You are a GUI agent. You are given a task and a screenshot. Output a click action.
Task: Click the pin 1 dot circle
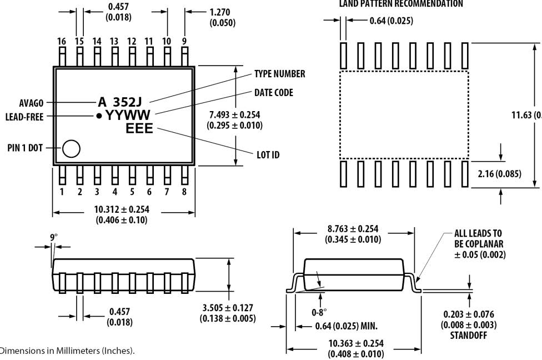point(71,148)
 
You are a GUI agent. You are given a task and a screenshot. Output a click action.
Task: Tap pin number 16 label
point(62,41)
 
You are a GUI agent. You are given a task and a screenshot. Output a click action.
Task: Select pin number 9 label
point(184,41)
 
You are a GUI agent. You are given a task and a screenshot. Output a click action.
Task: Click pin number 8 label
point(184,192)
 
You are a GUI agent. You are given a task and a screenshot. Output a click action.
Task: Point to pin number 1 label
point(62,192)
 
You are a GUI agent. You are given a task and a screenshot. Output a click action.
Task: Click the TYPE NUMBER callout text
point(279,74)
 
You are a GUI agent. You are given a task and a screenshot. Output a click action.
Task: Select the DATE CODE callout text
point(273,92)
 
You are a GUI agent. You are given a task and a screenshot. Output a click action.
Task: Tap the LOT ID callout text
point(268,154)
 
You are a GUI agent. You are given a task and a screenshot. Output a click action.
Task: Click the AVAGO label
point(31,103)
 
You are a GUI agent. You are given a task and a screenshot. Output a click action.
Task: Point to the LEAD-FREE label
point(24,117)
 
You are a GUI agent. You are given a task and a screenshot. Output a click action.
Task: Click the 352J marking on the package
point(127,102)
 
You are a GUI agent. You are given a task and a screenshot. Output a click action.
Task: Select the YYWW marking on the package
point(128,116)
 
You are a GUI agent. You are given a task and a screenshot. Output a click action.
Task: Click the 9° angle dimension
point(53,237)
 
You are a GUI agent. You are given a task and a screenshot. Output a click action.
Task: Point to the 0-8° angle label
point(319,312)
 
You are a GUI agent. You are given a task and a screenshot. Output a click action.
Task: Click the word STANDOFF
point(469,336)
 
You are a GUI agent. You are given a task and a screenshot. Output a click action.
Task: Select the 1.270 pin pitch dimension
point(220,12)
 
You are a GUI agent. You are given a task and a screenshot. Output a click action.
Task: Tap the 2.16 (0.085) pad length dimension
point(499,174)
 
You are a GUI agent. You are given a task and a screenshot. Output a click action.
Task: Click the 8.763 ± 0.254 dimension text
point(353,229)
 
